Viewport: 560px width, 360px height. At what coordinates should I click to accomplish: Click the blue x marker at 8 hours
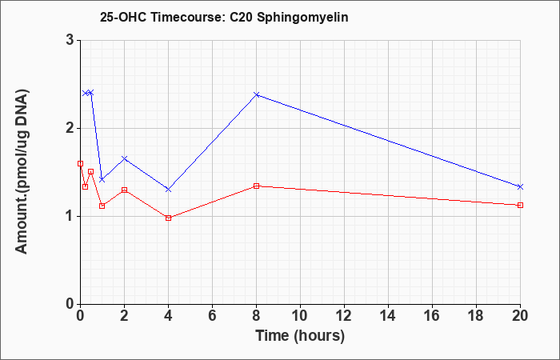pos(257,94)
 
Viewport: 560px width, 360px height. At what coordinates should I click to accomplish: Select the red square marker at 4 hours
pos(169,218)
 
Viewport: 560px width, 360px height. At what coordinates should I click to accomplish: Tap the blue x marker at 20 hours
pos(520,186)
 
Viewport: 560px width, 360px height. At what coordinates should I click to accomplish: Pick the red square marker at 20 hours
pos(520,205)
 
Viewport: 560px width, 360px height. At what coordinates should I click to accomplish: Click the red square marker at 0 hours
pos(80,163)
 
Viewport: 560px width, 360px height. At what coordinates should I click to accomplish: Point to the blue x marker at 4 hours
pos(169,190)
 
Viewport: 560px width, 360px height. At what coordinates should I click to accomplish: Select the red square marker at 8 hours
pos(257,186)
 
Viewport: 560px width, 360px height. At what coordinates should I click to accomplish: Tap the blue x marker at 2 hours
pos(124,158)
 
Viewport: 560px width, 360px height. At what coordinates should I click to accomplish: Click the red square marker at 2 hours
pos(124,190)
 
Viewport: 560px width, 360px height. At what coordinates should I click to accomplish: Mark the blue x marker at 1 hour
pos(102,180)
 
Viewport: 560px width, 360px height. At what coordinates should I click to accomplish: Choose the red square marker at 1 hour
pos(102,206)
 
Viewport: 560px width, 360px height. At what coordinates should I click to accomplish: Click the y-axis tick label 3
pos(70,40)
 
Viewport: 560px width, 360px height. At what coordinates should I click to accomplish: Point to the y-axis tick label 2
pos(70,128)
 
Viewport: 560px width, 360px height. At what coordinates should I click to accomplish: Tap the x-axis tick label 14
pos(388,316)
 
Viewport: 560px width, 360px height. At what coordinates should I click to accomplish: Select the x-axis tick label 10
pos(300,316)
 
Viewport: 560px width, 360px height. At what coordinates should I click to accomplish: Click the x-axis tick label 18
pos(477,316)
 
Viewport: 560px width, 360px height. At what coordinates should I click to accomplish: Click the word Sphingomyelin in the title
pos(302,18)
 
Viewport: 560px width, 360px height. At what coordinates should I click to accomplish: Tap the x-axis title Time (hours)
pos(300,336)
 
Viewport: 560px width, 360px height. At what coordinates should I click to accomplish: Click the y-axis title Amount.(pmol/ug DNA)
pos(22,171)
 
